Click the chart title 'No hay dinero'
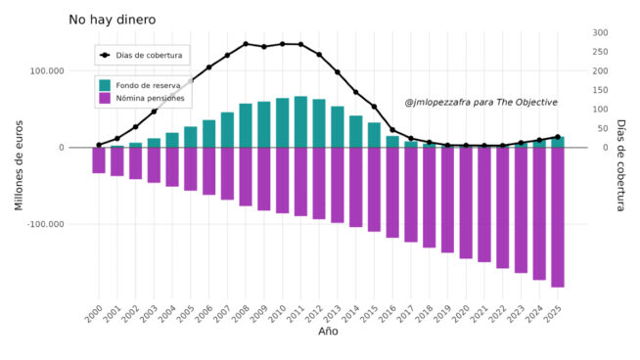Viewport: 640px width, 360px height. click(112, 20)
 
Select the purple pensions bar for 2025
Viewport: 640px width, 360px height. click(557, 217)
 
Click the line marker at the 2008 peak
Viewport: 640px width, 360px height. click(246, 44)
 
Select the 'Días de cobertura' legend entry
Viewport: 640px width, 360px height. click(142, 56)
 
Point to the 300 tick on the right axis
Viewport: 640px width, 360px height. click(599, 32)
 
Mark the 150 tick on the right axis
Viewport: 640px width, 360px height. click(599, 90)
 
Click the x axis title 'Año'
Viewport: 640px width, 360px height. click(329, 332)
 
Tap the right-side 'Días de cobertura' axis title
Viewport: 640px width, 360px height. click(620, 164)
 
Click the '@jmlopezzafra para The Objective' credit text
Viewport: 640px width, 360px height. click(480, 102)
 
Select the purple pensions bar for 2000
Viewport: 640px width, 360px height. click(99, 160)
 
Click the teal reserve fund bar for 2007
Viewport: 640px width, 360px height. click(227, 130)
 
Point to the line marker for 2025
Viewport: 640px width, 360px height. click(557, 137)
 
